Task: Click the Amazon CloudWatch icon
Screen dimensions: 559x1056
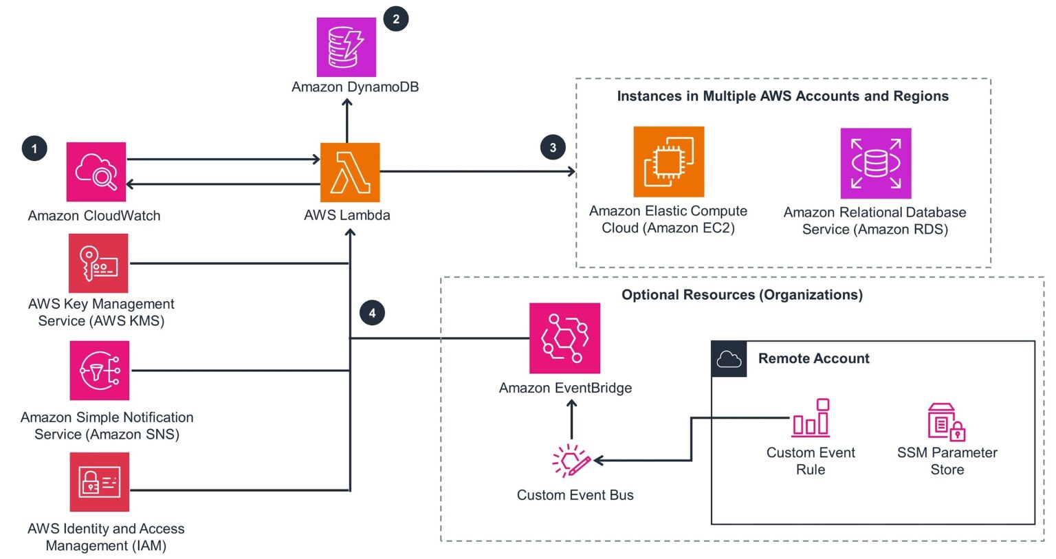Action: (x=96, y=172)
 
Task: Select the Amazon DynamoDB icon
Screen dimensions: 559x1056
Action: (x=346, y=47)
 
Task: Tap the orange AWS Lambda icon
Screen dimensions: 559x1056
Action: (x=350, y=172)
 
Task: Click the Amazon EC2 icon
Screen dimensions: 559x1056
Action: (x=668, y=162)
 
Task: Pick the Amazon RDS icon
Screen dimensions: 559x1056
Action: (x=875, y=163)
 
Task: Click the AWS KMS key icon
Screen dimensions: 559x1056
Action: (x=98, y=263)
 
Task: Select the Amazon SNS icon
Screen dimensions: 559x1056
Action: (x=99, y=371)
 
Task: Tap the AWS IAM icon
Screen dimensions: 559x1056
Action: (x=99, y=481)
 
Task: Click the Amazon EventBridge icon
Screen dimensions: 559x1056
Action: (x=564, y=338)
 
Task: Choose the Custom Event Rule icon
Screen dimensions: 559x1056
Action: (x=811, y=418)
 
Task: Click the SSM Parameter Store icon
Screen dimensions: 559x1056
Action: (x=946, y=421)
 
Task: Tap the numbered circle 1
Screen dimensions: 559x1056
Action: (x=34, y=149)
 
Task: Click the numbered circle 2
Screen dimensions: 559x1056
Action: (x=396, y=19)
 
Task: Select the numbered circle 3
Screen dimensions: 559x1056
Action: (x=553, y=147)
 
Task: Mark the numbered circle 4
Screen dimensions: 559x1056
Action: (x=372, y=313)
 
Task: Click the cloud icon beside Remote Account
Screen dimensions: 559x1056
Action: (x=728, y=359)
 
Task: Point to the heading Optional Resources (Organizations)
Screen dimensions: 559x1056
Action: (x=741, y=295)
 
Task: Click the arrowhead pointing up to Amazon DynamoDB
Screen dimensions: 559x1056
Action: (x=347, y=103)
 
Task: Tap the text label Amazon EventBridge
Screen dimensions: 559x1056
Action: (x=565, y=388)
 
